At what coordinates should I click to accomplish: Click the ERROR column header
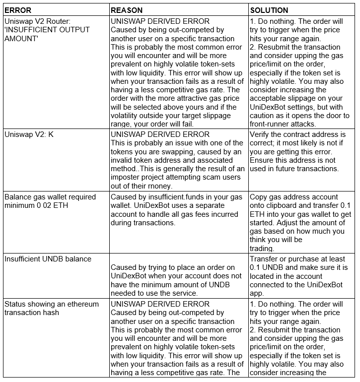18,10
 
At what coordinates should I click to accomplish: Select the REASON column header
127,10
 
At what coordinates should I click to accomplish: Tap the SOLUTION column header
269,10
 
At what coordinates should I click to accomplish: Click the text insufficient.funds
174,197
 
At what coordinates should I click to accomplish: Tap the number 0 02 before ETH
73,205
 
